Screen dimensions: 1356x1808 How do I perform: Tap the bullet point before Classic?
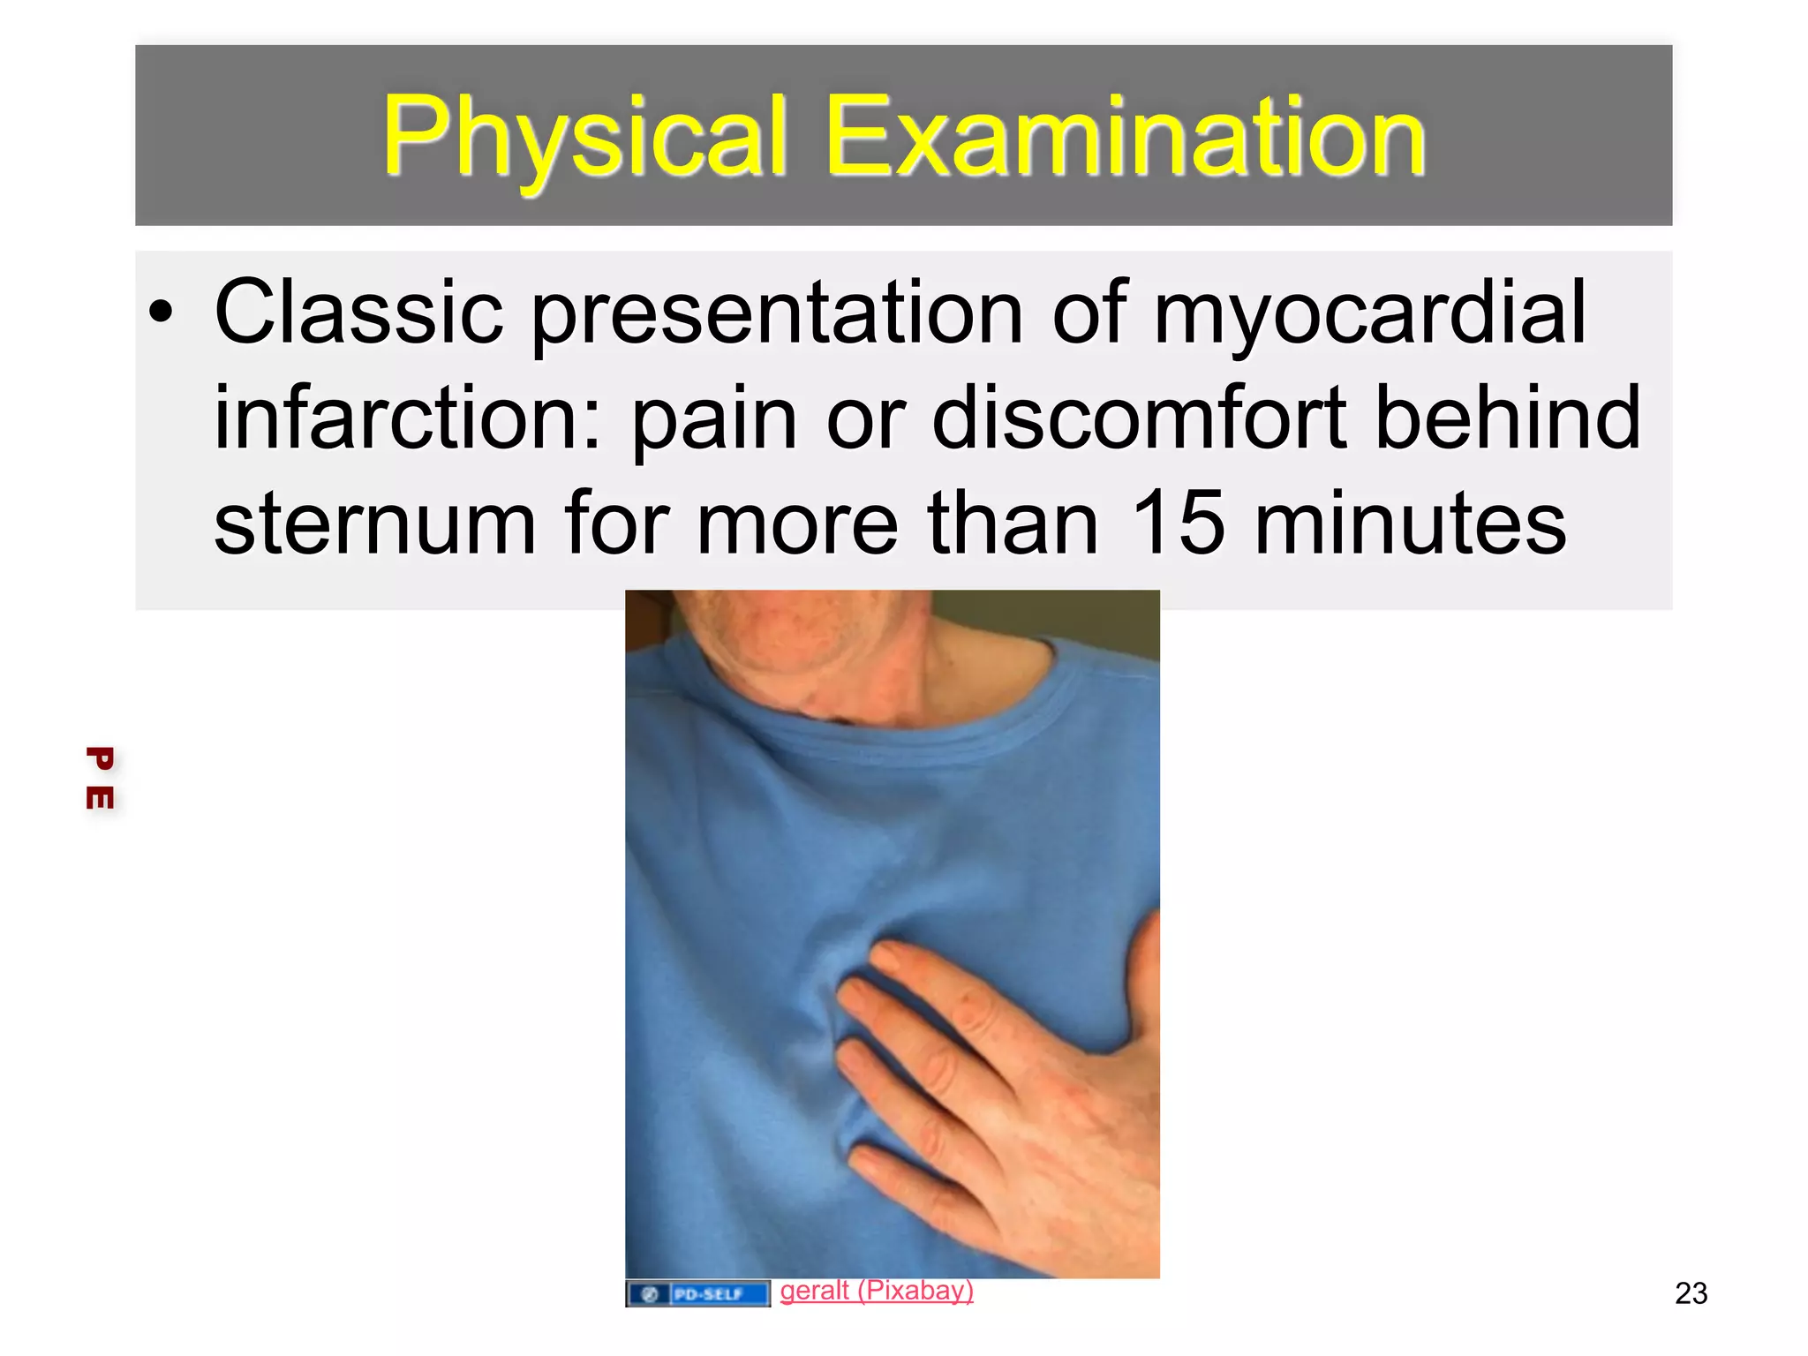[161, 312]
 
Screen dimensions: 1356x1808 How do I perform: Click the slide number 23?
[1691, 1293]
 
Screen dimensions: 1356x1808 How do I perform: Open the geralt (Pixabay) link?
[876, 1291]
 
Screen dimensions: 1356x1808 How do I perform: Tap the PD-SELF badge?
[697, 1294]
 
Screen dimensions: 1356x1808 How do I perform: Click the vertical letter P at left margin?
[100, 758]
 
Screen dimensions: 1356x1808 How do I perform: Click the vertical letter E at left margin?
[100, 797]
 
